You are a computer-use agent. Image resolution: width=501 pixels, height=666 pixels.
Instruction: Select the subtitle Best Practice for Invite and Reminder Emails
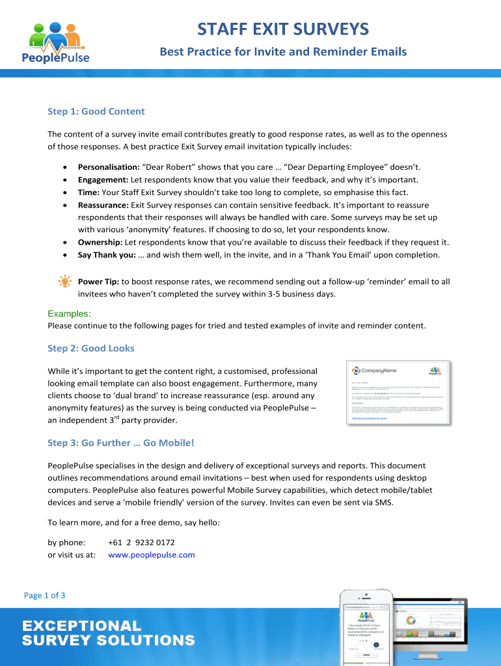click(x=283, y=51)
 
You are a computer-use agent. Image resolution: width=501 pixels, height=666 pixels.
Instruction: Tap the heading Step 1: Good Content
click(x=96, y=111)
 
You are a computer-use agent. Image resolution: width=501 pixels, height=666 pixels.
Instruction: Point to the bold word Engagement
click(x=103, y=180)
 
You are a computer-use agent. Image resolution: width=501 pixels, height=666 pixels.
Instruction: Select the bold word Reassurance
click(x=103, y=205)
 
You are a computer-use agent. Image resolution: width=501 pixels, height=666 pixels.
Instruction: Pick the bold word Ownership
click(x=100, y=242)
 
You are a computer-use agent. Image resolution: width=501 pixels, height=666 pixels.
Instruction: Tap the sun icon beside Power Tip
click(x=65, y=282)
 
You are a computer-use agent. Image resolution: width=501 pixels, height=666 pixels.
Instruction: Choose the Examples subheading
click(x=69, y=314)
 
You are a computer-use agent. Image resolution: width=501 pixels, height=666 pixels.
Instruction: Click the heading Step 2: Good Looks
click(x=90, y=348)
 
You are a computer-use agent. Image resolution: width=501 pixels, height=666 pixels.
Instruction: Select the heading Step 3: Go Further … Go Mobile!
click(x=120, y=443)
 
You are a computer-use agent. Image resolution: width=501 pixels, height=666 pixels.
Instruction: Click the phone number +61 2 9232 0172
click(x=141, y=542)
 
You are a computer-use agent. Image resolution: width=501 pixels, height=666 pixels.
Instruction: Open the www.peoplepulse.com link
click(x=151, y=555)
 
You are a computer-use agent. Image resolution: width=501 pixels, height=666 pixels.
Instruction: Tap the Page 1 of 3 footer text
click(x=44, y=595)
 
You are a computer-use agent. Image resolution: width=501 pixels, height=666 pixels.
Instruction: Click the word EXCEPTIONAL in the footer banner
click(x=82, y=626)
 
